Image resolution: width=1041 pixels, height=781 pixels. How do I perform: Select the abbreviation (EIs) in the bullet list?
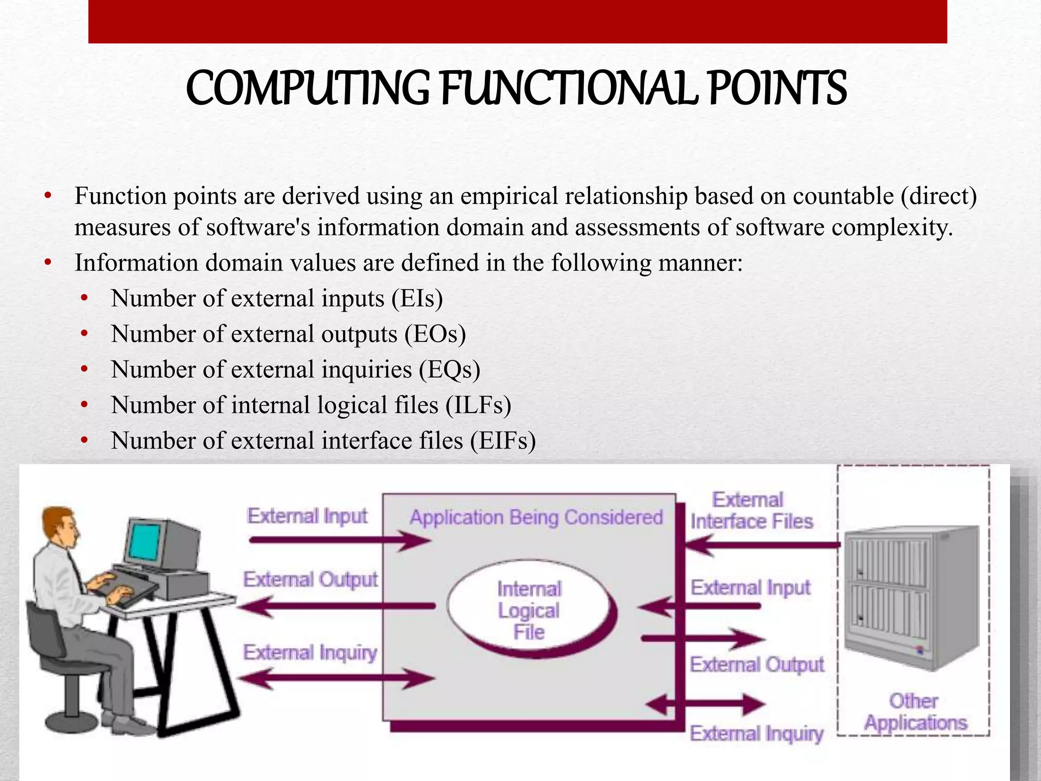(x=417, y=298)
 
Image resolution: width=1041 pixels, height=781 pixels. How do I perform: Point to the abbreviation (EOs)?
(x=435, y=334)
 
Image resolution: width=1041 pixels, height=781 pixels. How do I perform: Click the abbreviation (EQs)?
(x=449, y=370)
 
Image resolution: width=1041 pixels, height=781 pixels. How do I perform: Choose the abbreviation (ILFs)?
(x=478, y=405)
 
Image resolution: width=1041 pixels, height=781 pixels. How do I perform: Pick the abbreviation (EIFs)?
(x=503, y=441)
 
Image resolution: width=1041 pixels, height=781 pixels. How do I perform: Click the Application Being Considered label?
(x=536, y=517)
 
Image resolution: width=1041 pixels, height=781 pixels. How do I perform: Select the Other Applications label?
(x=915, y=712)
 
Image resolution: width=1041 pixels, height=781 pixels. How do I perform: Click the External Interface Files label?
(x=751, y=510)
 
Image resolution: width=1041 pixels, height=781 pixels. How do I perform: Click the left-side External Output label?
(x=310, y=580)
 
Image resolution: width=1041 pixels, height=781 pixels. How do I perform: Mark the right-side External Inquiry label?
(x=756, y=733)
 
